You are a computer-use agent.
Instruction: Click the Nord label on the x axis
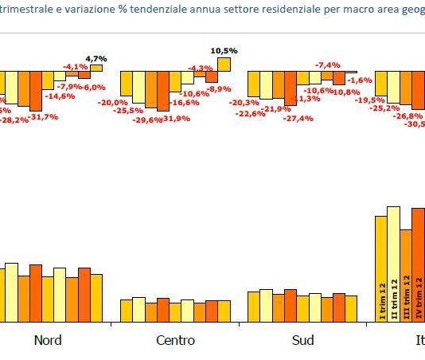tap(47, 340)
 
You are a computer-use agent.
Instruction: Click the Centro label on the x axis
tap(175, 340)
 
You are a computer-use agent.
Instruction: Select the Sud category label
tap(302, 340)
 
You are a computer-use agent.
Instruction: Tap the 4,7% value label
tap(96, 58)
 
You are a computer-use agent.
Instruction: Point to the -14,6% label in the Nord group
tap(59, 96)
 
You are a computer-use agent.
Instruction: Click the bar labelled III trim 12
tap(406, 276)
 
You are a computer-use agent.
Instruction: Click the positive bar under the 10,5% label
tap(224, 64)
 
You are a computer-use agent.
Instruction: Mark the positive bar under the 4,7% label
tap(96, 68)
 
